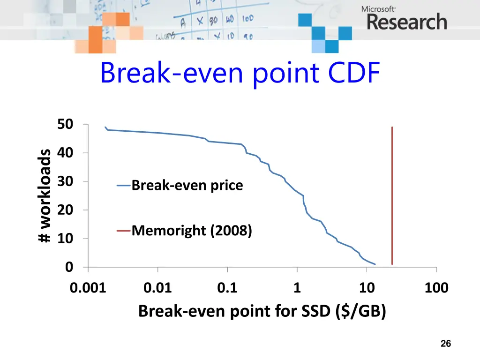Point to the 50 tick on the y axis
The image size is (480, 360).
65,125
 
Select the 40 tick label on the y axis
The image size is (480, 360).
65,153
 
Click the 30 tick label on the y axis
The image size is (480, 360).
65,182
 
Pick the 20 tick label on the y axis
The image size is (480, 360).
65,210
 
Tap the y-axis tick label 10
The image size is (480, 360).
65,239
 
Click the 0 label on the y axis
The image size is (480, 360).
69,267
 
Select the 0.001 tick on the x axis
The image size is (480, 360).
88,287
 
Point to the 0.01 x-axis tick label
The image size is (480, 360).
158,287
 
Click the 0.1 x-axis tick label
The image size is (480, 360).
227,287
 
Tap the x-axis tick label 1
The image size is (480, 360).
297,287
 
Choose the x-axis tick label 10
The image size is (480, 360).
367,287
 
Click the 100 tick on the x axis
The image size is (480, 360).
436,287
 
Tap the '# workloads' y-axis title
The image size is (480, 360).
45,196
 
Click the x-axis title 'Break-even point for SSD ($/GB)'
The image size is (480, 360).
262,311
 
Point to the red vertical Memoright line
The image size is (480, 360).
392,197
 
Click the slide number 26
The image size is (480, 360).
446,344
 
